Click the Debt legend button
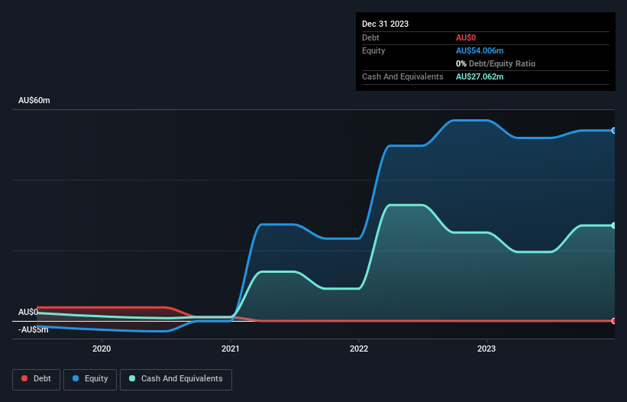coord(35,378)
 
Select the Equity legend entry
coord(90,378)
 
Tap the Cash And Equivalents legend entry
coord(176,378)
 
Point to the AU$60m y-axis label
coord(34,101)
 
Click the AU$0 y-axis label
coord(28,312)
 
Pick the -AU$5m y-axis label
coord(33,329)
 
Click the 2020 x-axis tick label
coord(102,349)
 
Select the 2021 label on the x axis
coord(230,349)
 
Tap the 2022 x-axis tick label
coord(358,349)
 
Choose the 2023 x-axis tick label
coord(486,349)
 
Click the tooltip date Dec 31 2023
coord(385,24)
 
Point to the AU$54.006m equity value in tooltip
coord(480,50)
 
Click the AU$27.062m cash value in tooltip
coord(480,76)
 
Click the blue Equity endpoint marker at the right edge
coord(614,131)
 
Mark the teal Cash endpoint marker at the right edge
coord(614,225)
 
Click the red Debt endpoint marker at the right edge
coord(614,321)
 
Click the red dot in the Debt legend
coord(24,378)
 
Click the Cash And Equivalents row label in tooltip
coord(402,76)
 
